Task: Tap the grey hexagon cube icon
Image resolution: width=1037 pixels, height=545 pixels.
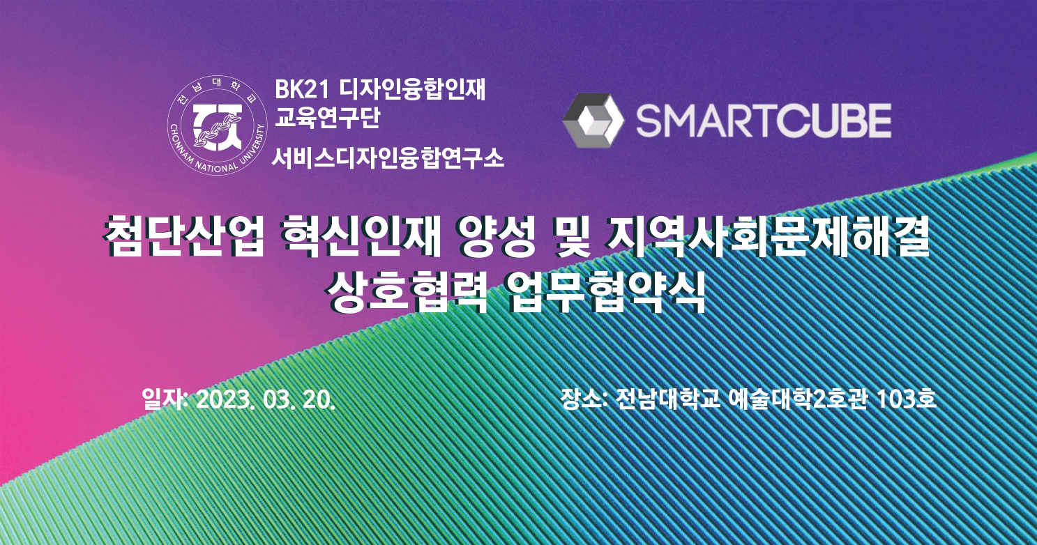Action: click(593, 121)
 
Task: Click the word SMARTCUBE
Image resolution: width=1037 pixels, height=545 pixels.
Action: click(764, 121)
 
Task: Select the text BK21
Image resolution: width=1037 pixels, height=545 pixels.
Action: click(302, 90)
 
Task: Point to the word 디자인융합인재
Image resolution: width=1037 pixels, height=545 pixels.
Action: click(412, 89)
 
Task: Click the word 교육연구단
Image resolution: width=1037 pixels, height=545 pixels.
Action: click(327, 118)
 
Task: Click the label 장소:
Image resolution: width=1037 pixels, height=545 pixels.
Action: click(584, 399)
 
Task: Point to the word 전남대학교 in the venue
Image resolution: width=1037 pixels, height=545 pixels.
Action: click(668, 399)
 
